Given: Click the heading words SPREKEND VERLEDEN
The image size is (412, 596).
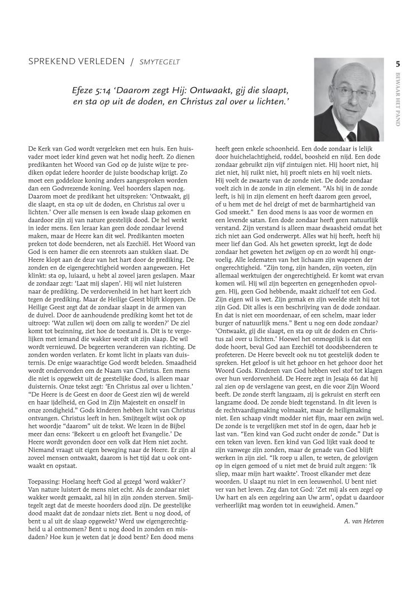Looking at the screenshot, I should click(x=76, y=61).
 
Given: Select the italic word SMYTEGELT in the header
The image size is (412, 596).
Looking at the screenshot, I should click(x=161, y=61).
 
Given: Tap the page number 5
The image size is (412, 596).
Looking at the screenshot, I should click(x=397, y=64).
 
